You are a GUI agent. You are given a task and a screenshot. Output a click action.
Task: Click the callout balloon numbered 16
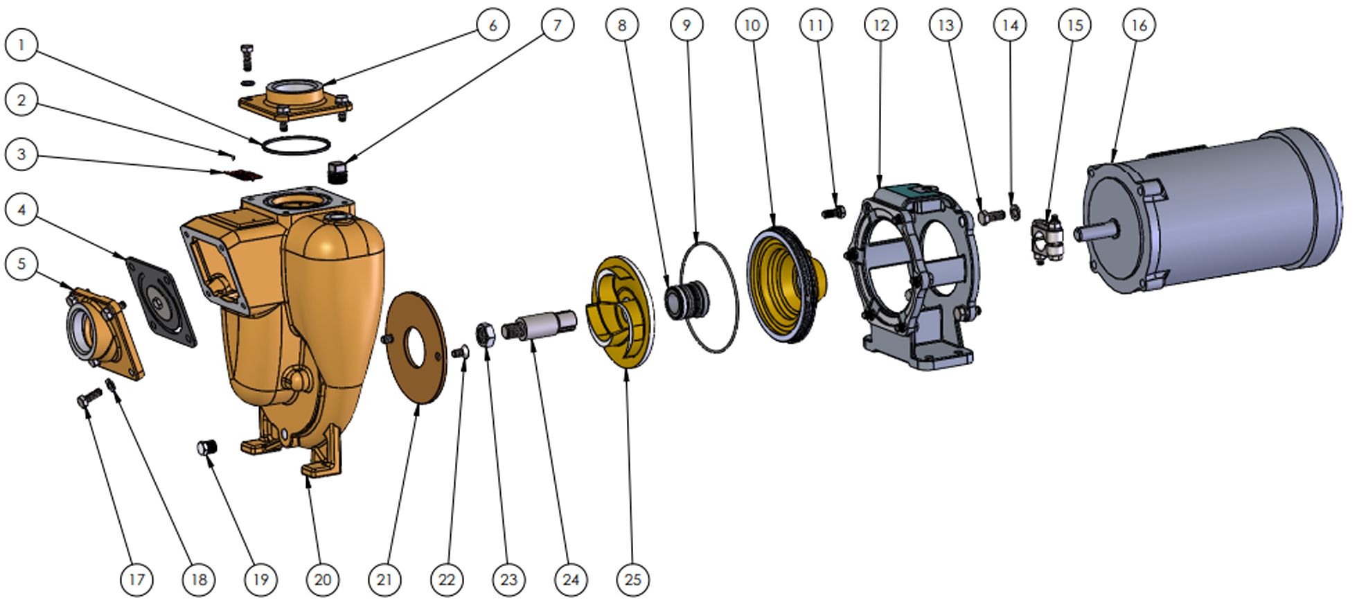[x=1139, y=26]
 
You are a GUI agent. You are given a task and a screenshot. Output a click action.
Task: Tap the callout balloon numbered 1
[x=21, y=46]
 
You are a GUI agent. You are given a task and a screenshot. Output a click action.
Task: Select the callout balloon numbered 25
[x=633, y=579]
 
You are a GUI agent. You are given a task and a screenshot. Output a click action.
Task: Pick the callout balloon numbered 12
[x=880, y=26]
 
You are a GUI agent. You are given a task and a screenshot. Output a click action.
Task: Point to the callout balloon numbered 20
[x=323, y=579]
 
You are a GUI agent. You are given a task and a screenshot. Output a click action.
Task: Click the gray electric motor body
[x=1212, y=211]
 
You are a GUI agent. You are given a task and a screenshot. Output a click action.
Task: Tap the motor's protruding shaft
[x=1097, y=230]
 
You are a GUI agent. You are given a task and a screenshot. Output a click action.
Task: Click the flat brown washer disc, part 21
[x=416, y=346]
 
